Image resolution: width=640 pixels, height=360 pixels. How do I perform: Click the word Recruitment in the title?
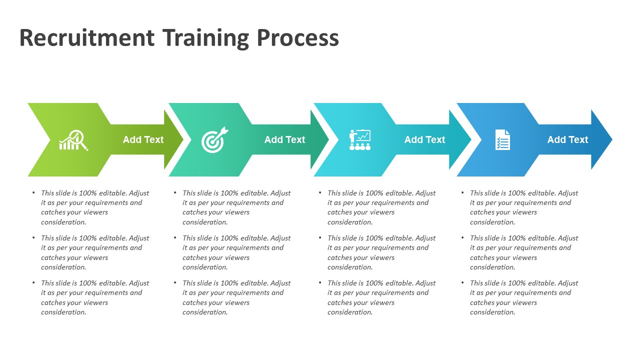(86, 38)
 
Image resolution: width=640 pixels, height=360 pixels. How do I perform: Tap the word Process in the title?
(297, 38)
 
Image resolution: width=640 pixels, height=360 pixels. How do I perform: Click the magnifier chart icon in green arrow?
(73, 140)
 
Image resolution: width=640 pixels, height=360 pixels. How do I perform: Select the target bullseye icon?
(214, 140)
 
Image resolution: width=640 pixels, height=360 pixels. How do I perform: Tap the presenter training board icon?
(359, 140)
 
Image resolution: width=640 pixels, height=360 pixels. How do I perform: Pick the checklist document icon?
(502, 139)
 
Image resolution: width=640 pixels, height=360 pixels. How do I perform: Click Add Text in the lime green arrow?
(143, 139)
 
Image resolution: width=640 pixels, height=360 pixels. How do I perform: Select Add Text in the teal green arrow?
(284, 139)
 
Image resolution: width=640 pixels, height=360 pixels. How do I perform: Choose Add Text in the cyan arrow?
(424, 139)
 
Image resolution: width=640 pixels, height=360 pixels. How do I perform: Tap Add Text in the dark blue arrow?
(567, 139)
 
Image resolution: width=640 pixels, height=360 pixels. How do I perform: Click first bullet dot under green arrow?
(33, 192)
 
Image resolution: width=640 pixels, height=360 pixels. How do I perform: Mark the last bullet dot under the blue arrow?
(462, 282)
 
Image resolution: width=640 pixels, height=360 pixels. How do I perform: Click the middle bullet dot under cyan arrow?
(320, 237)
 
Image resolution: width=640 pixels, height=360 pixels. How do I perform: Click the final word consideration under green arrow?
(63, 312)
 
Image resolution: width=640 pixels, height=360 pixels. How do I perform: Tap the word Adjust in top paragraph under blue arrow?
(567, 193)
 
